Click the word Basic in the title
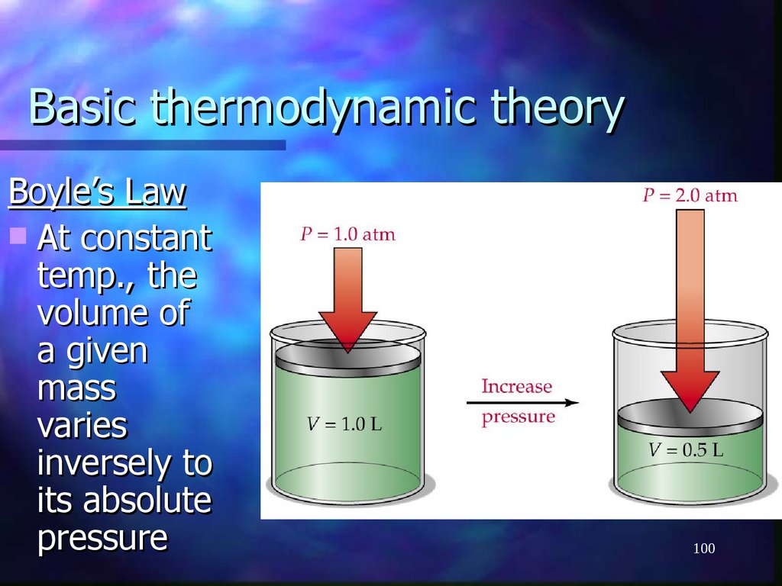(82, 108)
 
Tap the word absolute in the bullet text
(147, 501)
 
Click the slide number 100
(703, 549)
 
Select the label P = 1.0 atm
(347, 234)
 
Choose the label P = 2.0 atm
(690, 195)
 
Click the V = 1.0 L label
(344, 424)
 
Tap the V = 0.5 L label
(686, 449)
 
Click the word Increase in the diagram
(516, 386)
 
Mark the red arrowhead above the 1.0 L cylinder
(347, 328)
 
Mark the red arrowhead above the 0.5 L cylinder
(690, 389)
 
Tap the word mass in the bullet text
(76, 388)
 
